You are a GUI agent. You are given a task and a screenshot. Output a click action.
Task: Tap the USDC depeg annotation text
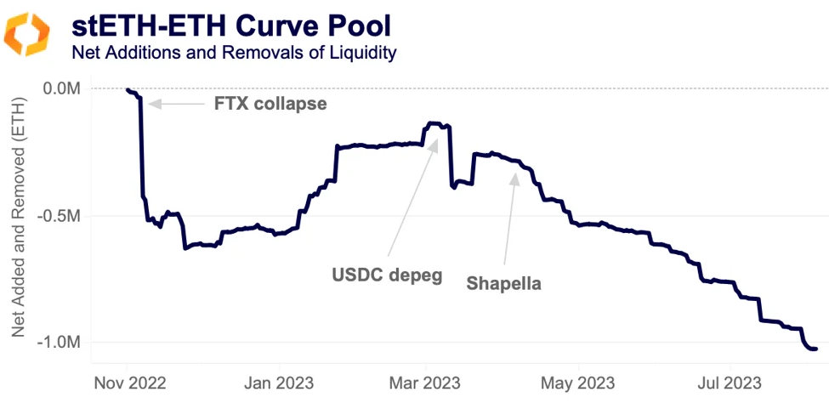click(x=386, y=276)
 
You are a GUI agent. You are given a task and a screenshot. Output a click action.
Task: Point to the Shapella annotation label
click(x=503, y=284)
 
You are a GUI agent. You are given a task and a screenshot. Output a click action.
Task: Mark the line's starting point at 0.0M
click(x=128, y=89)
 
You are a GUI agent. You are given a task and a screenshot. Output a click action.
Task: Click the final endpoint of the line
click(x=815, y=349)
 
